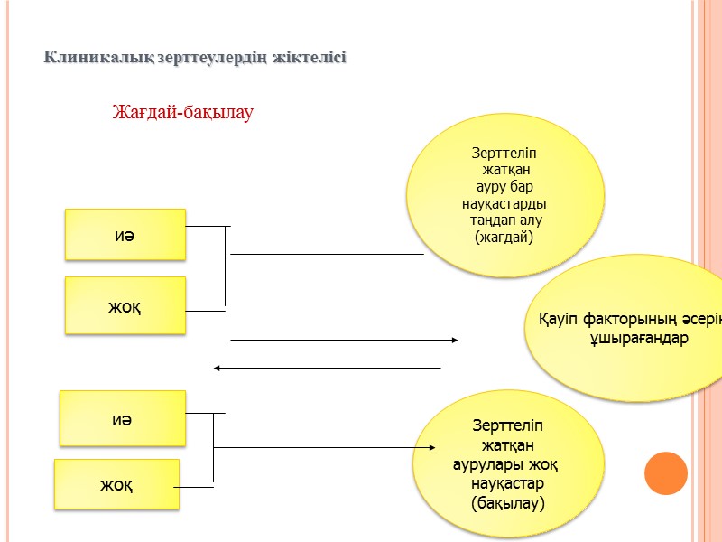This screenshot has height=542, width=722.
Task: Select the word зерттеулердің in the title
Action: click(214, 58)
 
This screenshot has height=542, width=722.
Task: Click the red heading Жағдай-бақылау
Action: click(183, 113)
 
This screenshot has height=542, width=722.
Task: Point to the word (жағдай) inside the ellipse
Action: click(504, 237)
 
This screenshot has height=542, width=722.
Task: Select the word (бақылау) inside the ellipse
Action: click(508, 501)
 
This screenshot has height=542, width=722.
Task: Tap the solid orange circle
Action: click(666, 472)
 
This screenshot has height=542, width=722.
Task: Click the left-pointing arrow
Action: click(327, 368)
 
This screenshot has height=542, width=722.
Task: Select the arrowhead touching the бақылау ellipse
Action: click(433, 447)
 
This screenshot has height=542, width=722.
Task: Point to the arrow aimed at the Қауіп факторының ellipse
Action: click(345, 340)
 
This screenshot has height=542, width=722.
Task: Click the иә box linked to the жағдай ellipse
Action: click(125, 235)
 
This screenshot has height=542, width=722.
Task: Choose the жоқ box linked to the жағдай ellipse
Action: click(125, 305)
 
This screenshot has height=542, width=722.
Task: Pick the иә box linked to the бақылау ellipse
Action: click(122, 418)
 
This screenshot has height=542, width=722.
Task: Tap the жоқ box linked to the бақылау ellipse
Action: click(116, 485)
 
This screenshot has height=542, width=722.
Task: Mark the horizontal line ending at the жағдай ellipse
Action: click(327, 255)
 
